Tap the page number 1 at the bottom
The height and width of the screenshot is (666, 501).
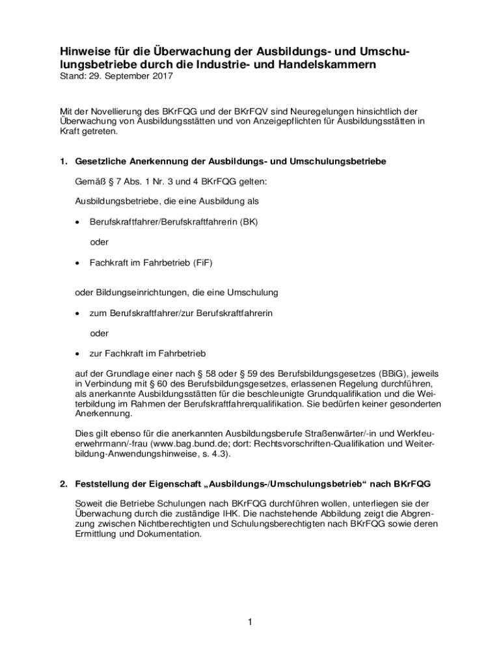(x=249, y=622)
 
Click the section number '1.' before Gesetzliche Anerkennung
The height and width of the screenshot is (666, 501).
(x=64, y=161)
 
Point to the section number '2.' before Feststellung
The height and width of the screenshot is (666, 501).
(x=64, y=485)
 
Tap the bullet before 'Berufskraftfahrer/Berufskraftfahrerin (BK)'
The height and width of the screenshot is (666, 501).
(x=77, y=222)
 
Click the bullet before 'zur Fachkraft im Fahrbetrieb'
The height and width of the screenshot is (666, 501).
(x=77, y=354)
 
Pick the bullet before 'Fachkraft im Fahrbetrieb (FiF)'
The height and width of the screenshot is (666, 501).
(x=77, y=264)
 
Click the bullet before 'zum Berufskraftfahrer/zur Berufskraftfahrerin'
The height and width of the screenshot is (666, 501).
(x=77, y=313)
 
